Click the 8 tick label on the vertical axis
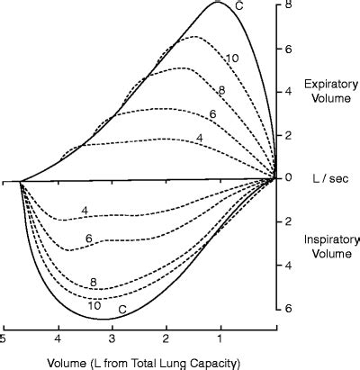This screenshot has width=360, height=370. pyautogui.click(x=289, y=5)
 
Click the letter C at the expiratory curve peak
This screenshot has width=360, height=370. pyautogui.click(x=239, y=6)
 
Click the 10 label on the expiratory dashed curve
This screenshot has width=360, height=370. pyautogui.click(x=231, y=58)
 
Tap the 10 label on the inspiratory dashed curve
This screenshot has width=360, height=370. pyautogui.click(x=94, y=305)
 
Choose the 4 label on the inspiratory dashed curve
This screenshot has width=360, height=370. pyautogui.click(x=84, y=211)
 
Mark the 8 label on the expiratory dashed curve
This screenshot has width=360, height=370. pyautogui.click(x=221, y=90)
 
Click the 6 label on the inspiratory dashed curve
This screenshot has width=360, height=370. pyautogui.click(x=89, y=238)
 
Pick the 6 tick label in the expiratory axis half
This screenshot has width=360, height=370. pyautogui.click(x=289, y=49)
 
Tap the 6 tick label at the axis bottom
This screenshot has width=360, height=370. pyautogui.click(x=289, y=308)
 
